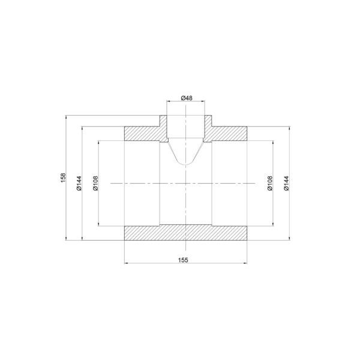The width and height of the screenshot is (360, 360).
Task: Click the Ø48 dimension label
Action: (187, 98)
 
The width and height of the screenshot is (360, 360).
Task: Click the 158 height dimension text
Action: (63, 178)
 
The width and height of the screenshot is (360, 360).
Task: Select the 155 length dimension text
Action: (183, 260)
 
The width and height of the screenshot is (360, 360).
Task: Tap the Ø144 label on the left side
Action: (79, 183)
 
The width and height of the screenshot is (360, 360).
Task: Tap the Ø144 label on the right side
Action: (286, 183)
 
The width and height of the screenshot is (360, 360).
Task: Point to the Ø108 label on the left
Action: (95, 183)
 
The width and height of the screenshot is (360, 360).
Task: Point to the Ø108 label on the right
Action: (270, 183)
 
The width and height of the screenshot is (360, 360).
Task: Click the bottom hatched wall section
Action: (185, 233)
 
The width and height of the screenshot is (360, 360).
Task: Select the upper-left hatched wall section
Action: (142, 134)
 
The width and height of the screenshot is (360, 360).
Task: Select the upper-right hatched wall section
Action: (229, 134)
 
